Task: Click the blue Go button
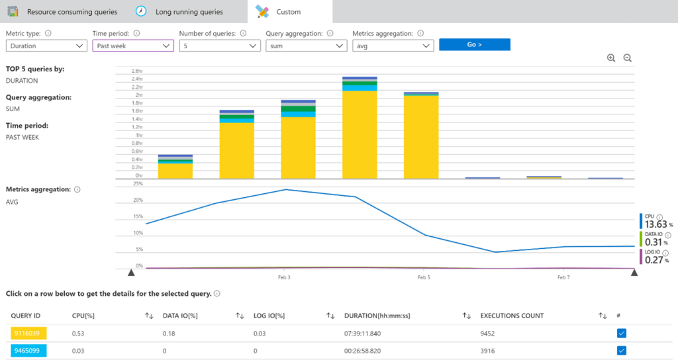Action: coord(474,44)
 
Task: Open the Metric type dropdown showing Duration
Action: coord(46,46)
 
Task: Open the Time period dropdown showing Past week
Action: coord(133,46)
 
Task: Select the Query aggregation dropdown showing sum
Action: coord(306,46)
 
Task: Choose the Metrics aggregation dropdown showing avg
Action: coord(393,46)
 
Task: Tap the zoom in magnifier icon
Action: coord(611,58)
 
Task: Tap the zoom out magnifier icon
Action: coord(628,58)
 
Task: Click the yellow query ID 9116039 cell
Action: coord(26,334)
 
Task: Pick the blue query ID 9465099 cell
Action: coord(26,351)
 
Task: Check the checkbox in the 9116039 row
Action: coord(621,334)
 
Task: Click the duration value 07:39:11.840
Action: coord(362,334)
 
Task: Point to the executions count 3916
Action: coord(487,351)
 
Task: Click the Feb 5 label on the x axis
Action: coord(424,277)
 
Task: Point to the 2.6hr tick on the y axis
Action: coord(137,71)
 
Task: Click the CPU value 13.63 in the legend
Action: coord(656,224)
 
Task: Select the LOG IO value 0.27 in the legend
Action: coord(654,259)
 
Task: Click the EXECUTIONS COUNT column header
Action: coord(512,316)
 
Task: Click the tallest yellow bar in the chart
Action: coord(360,134)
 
